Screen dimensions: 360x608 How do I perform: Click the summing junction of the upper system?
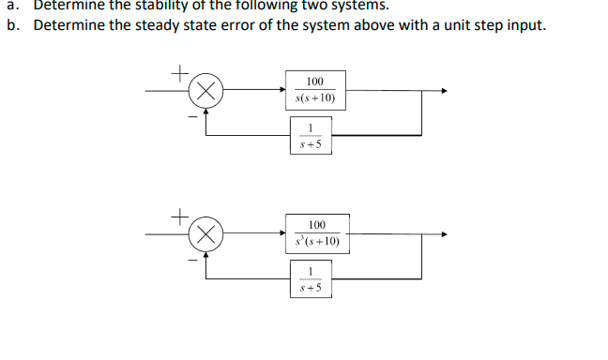pyautogui.click(x=207, y=91)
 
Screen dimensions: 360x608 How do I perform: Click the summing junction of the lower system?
pyautogui.click(x=207, y=233)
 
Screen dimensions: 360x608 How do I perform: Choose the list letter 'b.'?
pyautogui.click(x=11, y=23)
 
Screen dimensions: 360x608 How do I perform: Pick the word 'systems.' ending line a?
pyautogui.click(x=350, y=4)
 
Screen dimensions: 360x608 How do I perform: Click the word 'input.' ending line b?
pyautogui.click(x=525, y=23)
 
